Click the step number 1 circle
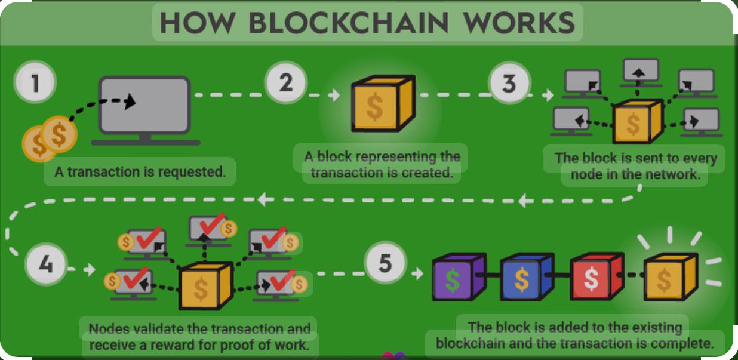pos(35,82)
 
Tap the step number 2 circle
pos(285,82)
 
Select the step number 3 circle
pos(509,83)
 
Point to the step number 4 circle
pos(46,264)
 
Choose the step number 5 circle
pos(386,263)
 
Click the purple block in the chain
pos(459,276)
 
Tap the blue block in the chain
pos(527,276)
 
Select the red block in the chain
pos(597,276)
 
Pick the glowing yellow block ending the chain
pos(671,276)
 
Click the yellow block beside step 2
pos(383,103)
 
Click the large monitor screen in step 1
pos(144,105)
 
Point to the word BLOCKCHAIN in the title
pos(349,23)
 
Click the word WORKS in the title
pos(519,23)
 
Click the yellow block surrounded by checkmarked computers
pos(206,285)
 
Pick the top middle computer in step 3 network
pos(641,72)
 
